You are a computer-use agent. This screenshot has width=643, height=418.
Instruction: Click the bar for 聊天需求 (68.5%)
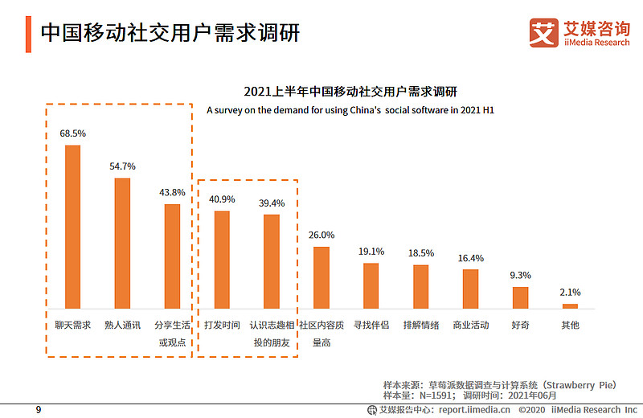click(x=72, y=227)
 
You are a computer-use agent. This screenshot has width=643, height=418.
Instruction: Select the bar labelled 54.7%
click(x=122, y=243)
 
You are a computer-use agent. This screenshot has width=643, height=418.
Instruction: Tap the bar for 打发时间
click(x=222, y=260)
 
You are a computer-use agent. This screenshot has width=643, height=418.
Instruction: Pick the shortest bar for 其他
click(x=570, y=305)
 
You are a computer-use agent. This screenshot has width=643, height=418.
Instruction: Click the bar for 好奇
click(x=521, y=297)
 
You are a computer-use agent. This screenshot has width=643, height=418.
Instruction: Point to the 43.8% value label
click(x=172, y=193)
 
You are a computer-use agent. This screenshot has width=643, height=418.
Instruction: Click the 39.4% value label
click(x=272, y=203)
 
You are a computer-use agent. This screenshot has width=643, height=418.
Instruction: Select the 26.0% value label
click(x=321, y=235)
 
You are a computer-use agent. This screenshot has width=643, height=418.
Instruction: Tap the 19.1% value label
click(x=371, y=252)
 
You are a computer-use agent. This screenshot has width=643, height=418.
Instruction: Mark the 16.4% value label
click(x=470, y=258)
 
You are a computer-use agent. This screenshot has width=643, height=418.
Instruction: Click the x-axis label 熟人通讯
click(x=122, y=326)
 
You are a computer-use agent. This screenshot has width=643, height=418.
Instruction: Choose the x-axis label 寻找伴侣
click(x=371, y=326)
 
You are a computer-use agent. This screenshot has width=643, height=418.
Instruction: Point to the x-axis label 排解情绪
click(x=421, y=326)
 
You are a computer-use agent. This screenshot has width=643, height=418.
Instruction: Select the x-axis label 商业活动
click(x=471, y=326)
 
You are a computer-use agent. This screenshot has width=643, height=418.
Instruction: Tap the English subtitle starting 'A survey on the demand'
click(x=350, y=109)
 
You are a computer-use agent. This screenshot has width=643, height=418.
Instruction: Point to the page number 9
click(x=38, y=410)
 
